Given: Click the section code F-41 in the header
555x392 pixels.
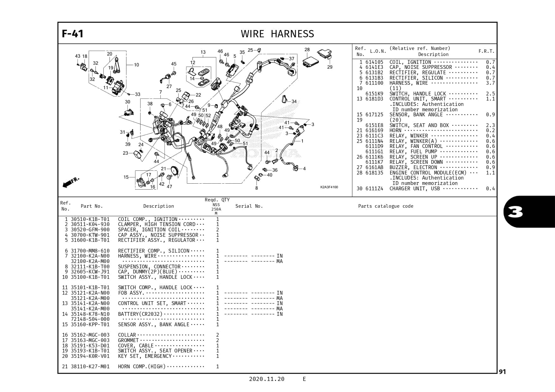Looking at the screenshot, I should [x=72, y=34].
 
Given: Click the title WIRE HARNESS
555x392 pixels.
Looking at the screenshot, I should [x=277, y=34].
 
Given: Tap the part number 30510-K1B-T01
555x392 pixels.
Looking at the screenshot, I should [x=90, y=219].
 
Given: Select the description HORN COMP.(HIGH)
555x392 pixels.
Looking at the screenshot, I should [x=142, y=367].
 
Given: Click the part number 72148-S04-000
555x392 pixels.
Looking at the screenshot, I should [x=90, y=319].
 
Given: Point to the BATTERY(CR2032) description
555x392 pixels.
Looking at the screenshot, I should [x=140, y=314].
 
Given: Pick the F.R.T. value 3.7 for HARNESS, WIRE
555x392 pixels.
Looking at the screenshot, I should [x=490, y=83].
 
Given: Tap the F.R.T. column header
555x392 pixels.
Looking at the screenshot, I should [x=486, y=51].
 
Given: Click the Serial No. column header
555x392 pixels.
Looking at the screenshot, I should [x=249, y=206].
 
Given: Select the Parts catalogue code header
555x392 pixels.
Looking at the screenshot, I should [x=386, y=206].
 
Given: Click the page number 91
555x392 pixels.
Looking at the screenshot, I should [x=502, y=372].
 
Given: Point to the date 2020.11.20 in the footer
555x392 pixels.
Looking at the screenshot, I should [x=266, y=379].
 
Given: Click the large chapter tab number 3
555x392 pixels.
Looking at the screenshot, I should [x=515, y=212].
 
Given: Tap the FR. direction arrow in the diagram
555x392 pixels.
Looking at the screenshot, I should [x=71, y=182].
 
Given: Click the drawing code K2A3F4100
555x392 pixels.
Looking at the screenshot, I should [x=329, y=187].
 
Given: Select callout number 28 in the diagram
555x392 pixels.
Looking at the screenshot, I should [x=307, y=50].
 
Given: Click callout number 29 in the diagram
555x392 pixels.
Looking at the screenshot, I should [x=330, y=67].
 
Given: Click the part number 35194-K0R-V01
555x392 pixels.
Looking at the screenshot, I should [x=90, y=356].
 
